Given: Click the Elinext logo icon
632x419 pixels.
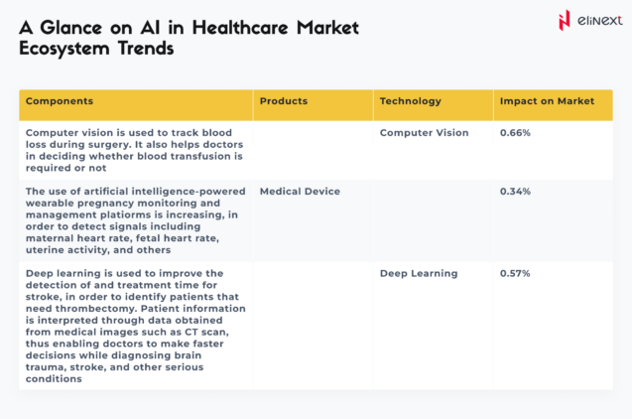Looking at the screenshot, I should point(564,19).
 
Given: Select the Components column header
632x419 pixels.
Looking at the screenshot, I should point(60,101).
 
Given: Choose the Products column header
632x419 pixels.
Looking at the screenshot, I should point(284,101).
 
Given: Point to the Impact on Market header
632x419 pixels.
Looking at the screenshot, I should point(547,101).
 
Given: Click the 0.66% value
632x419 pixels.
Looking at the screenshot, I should point(515,133).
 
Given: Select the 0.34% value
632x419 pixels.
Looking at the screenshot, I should point(515,191).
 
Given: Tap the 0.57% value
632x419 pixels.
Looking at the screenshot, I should point(515,273).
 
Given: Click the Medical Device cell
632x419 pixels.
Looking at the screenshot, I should point(300,191).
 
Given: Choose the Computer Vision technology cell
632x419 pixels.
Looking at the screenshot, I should point(425,133).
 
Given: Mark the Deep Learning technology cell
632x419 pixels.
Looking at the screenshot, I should point(419,273).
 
